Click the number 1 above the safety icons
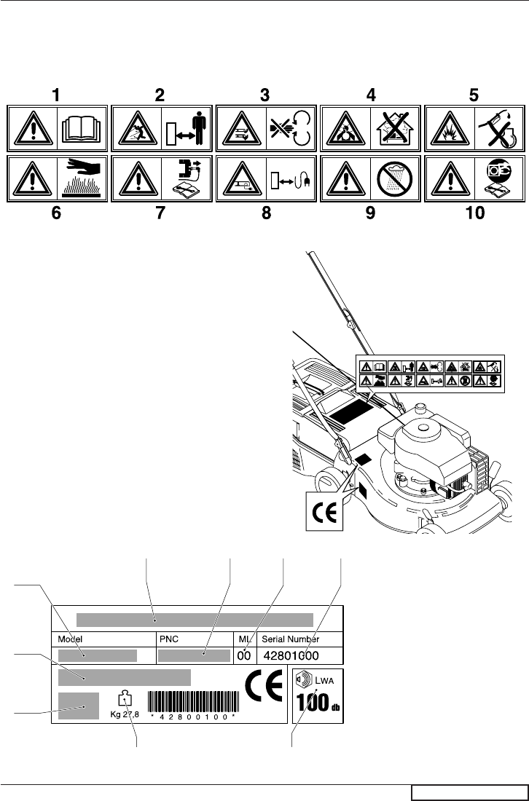[55, 95]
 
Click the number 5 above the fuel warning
[474, 95]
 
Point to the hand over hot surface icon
[82, 165]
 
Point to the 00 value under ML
[245, 655]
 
